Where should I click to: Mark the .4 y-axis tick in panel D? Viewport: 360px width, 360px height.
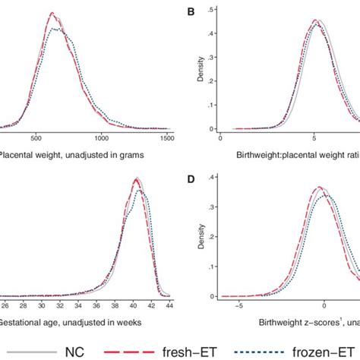213,178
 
